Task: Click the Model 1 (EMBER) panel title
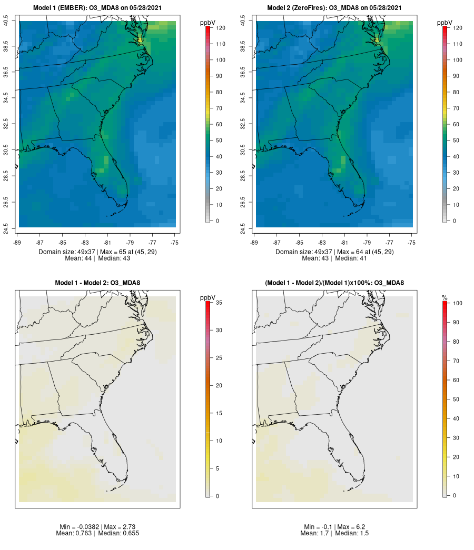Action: tap(97, 8)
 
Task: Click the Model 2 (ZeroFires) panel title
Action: tap(334, 8)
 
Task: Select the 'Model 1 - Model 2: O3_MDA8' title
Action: tap(97, 283)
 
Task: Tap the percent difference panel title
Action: tap(334, 283)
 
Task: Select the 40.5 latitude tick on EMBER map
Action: tap(6, 21)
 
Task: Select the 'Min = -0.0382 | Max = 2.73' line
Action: tap(98, 527)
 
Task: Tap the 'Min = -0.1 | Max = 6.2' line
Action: tap(334, 527)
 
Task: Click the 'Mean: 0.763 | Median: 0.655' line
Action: tap(98, 533)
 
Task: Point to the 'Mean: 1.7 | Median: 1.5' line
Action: tap(334, 533)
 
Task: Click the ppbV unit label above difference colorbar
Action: tap(209, 297)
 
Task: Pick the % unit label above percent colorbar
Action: tap(445, 298)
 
